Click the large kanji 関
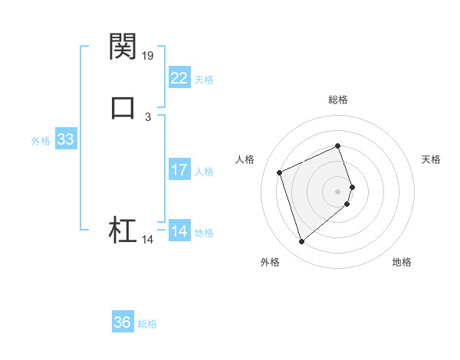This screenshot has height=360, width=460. [123, 46]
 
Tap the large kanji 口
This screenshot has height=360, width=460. [123, 106]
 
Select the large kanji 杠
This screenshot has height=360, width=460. [123, 230]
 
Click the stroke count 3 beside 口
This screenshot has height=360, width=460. [148, 117]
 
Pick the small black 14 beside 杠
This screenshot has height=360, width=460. [148, 240]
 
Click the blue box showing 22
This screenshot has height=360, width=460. [179, 78]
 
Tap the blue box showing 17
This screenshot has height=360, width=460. [179, 170]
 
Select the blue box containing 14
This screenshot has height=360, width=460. [179, 231]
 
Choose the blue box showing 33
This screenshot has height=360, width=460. [65, 139]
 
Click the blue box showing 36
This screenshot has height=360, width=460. [123, 322]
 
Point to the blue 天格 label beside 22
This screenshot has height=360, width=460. [204, 80]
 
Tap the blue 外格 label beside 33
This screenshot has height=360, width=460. [41, 141]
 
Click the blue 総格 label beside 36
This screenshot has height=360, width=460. [147, 324]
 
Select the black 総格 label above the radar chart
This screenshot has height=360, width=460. [338, 100]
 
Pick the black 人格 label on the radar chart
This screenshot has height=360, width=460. [245, 159]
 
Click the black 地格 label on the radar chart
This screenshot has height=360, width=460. [402, 263]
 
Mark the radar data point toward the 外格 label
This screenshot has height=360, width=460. [301, 242]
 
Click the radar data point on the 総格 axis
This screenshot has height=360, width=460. [338, 146]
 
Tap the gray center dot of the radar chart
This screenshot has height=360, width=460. [338, 191]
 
